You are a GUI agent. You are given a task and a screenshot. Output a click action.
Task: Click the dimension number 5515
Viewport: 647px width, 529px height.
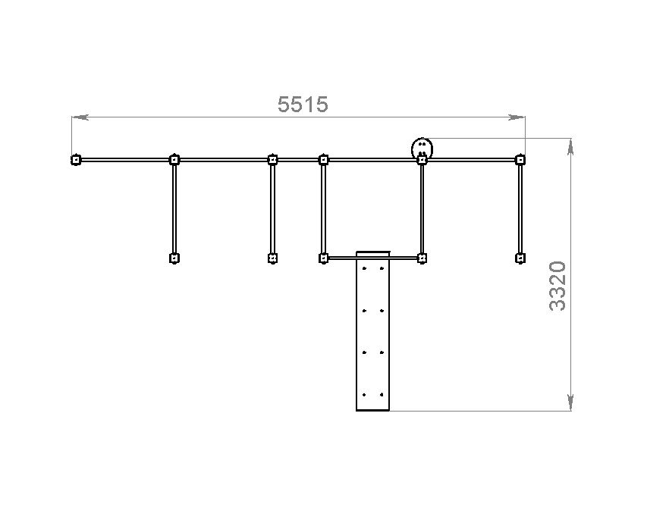pos(303,104)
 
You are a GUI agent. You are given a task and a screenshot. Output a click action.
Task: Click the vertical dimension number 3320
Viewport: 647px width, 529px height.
pos(557,285)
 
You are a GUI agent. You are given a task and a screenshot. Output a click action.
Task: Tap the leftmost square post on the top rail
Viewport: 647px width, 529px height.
pos(76,160)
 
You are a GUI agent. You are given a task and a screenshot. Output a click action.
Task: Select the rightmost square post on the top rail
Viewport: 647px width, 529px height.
pos(520,160)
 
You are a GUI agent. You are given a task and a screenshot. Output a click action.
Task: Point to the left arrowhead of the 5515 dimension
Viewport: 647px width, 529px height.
pos(80,117)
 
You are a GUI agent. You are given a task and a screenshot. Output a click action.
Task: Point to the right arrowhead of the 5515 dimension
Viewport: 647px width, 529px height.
pos(517,117)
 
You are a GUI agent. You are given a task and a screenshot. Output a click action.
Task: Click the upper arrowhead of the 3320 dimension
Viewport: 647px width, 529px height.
pos(570,147)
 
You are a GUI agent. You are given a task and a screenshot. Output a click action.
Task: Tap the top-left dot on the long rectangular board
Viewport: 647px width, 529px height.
pos(364,268)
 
